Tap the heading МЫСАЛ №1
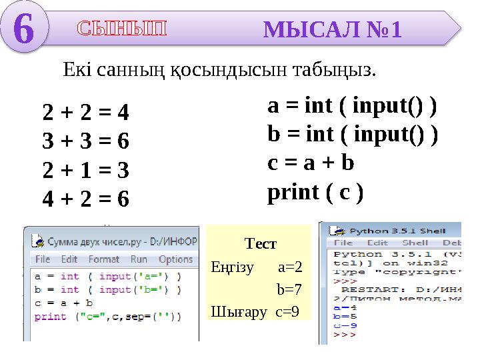(x=333, y=30)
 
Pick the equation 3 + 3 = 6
(x=86, y=142)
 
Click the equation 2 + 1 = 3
(x=86, y=171)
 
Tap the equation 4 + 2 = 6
(x=86, y=199)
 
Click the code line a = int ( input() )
(x=352, y=106)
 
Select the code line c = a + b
(x=311, y=163)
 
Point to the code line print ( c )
(x=315, y=192)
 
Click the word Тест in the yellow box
(x=261, y=244)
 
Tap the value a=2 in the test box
(x=290, y=267)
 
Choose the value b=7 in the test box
(x=289, y=289)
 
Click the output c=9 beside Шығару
(x=287, y=311)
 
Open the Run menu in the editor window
(x=139, y=259)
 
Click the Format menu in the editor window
(x=103, y=259)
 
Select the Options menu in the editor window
(x=176, y=259)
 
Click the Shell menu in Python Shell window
(x=415, y=243)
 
